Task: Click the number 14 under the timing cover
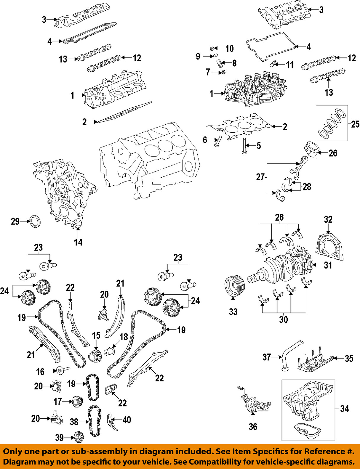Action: pos(78,242)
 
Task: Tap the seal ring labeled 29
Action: pos(35,221)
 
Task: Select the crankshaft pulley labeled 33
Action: pos(234,287)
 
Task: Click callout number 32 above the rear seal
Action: pos(328,219)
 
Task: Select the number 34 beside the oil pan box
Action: pos(344,409)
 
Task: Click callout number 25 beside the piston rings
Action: pos(355,124)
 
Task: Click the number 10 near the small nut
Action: pos(229,49)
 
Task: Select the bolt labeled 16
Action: pos(61,370)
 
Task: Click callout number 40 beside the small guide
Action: pos(127,420)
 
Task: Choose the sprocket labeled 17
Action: pos(77,402)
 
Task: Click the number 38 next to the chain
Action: pos(74,422)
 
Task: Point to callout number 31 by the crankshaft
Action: pos(328,265)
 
